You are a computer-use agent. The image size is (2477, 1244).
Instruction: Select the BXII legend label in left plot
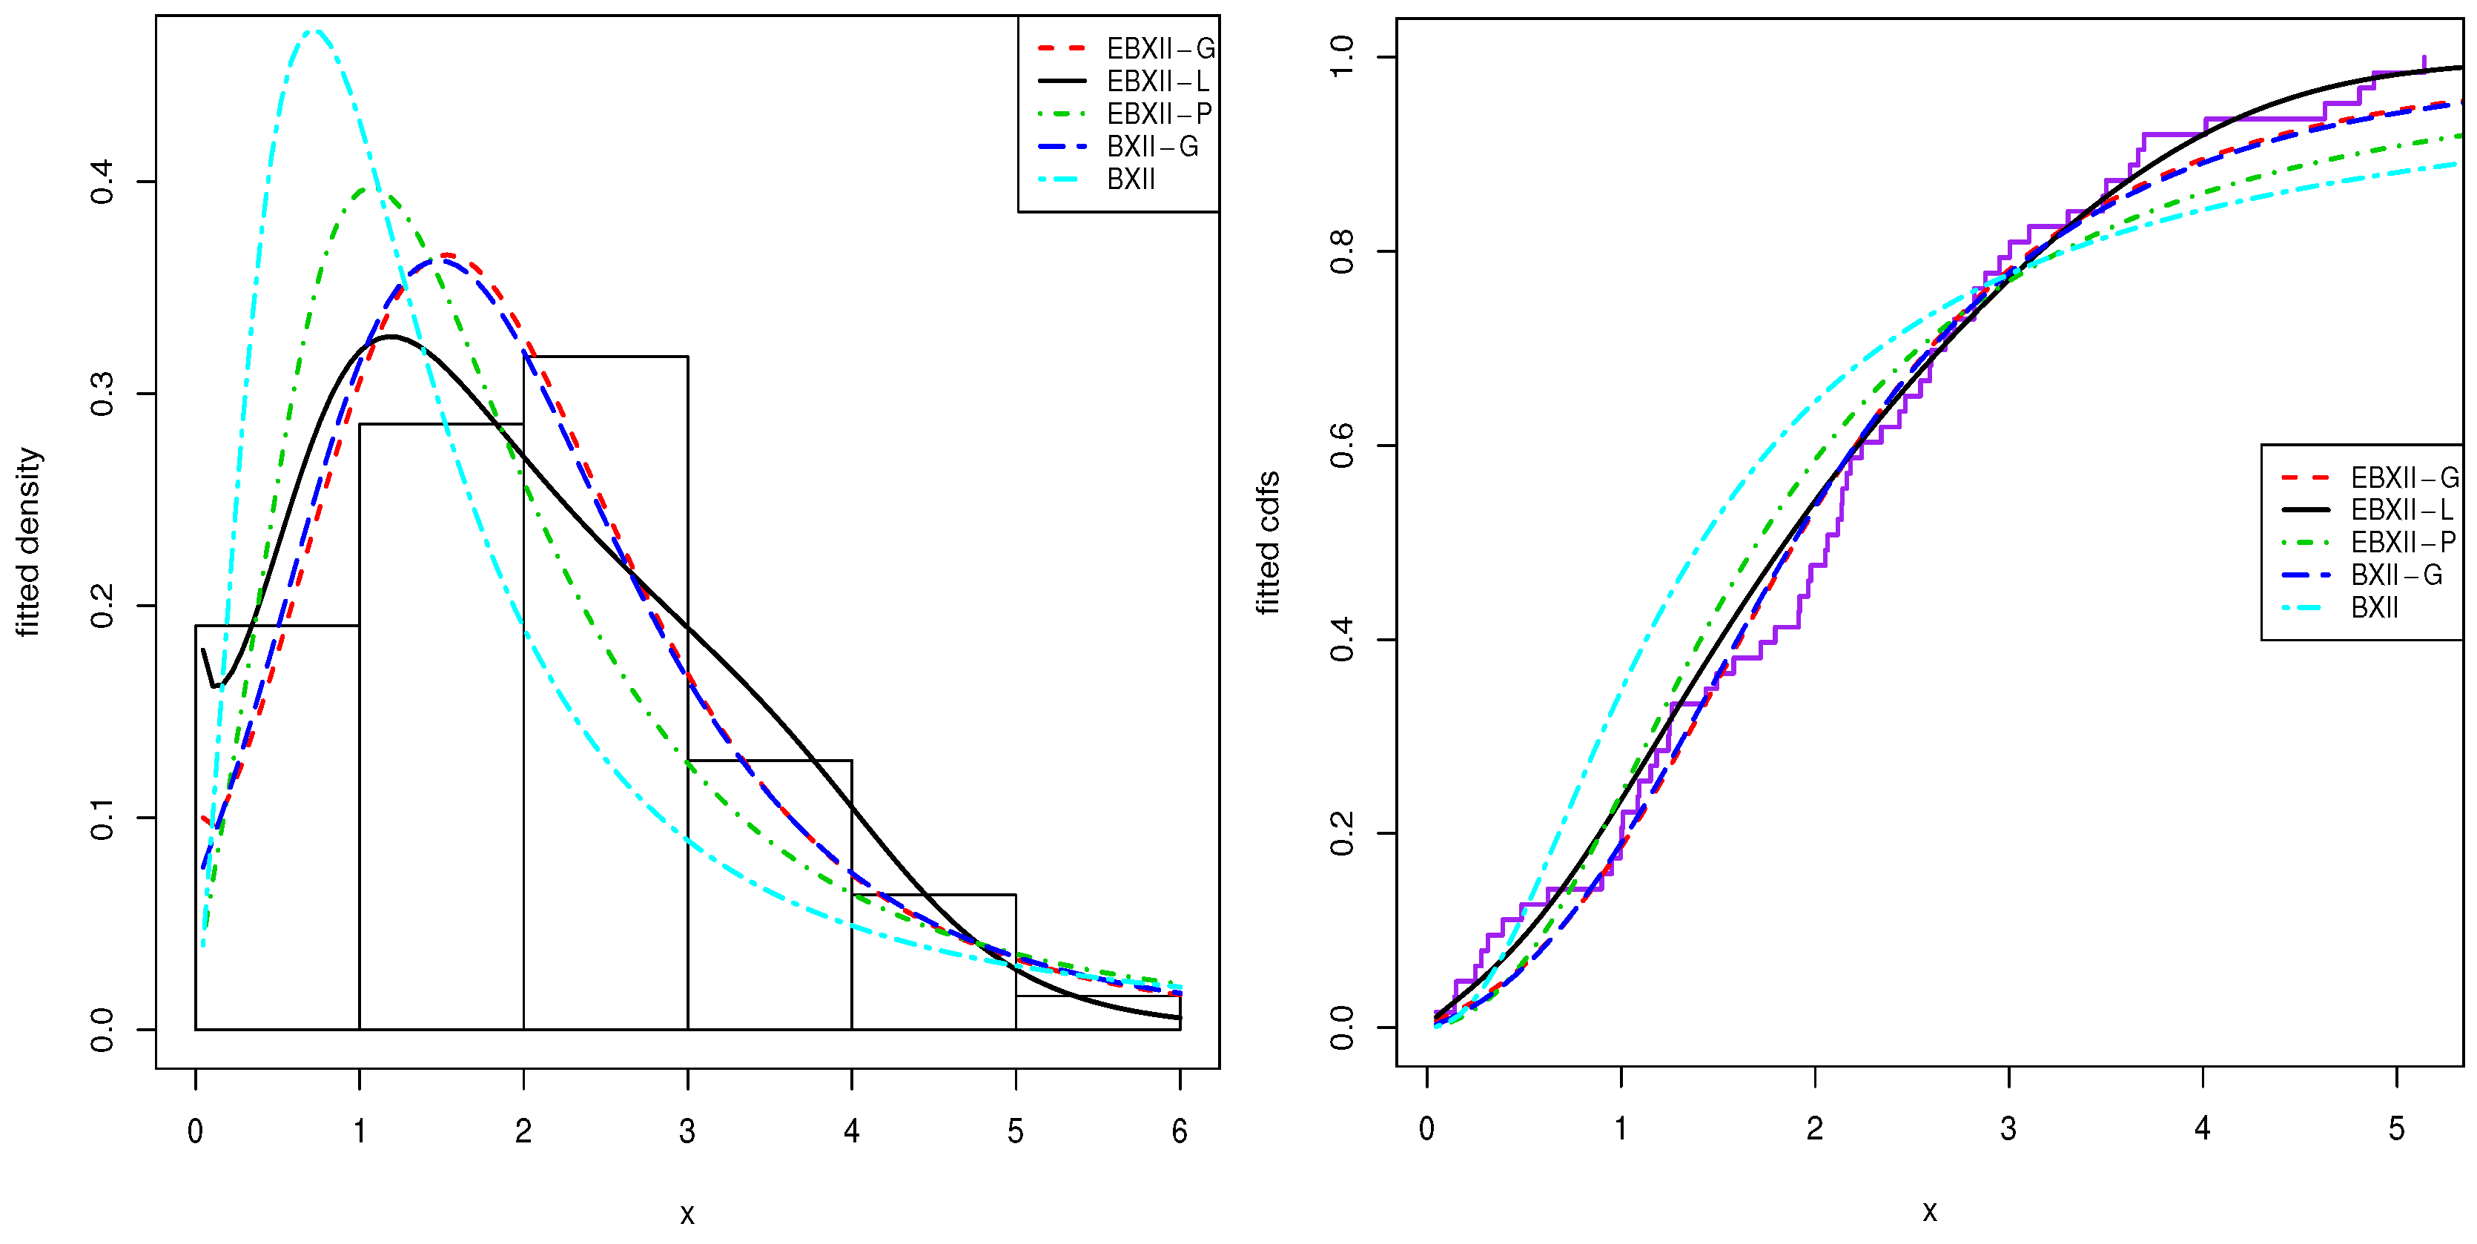[1131, 179]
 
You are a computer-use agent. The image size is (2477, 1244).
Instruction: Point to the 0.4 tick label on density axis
[102, 182]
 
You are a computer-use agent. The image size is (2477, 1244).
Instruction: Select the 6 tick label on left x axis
[1180, 1131]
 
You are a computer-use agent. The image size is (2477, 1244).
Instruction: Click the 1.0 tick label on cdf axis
[1341, 58]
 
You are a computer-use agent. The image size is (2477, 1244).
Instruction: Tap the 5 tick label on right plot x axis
[2396, 1128]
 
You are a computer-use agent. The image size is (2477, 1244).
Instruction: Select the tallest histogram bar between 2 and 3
[606, 692]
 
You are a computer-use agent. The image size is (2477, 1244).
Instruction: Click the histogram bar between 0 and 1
[277, 827]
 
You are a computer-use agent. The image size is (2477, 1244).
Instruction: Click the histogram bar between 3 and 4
[770, 894]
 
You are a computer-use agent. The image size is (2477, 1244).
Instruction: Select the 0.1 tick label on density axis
[102, 818]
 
